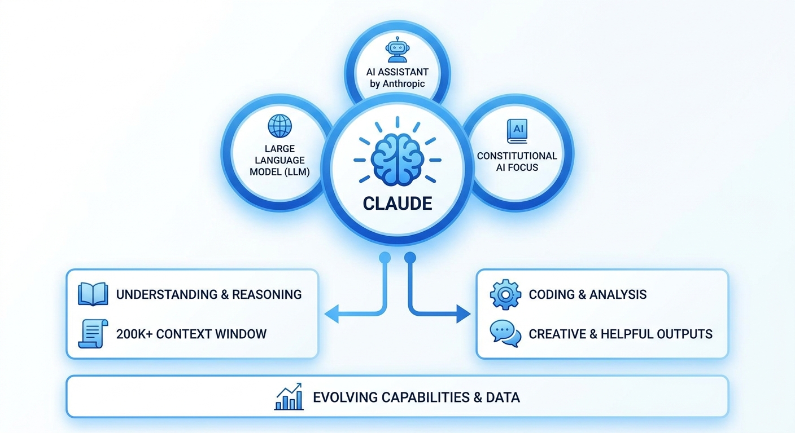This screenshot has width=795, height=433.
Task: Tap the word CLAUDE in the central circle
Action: click(397, 203)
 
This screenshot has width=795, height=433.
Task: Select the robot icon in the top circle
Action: click(396, 50)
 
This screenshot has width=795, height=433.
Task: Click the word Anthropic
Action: click(405, 84)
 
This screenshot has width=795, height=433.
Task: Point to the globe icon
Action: click(279, 126)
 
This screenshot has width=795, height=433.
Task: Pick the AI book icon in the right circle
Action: click(517, 131)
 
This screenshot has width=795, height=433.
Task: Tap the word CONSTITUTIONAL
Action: click(517, 156)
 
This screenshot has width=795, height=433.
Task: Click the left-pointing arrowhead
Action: click(331, 314)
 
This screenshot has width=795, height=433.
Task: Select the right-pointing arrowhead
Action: click(464, 314)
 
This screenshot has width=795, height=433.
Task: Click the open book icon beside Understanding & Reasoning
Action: click(93, 294)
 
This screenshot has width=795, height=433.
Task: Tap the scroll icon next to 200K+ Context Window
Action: click(92, 334)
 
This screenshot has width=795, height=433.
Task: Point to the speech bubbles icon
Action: click(505, 334)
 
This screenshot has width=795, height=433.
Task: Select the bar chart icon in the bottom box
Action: click(289, 397)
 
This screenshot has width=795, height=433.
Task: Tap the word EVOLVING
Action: click(345, 397)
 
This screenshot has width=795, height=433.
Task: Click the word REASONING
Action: click(267, 294)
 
